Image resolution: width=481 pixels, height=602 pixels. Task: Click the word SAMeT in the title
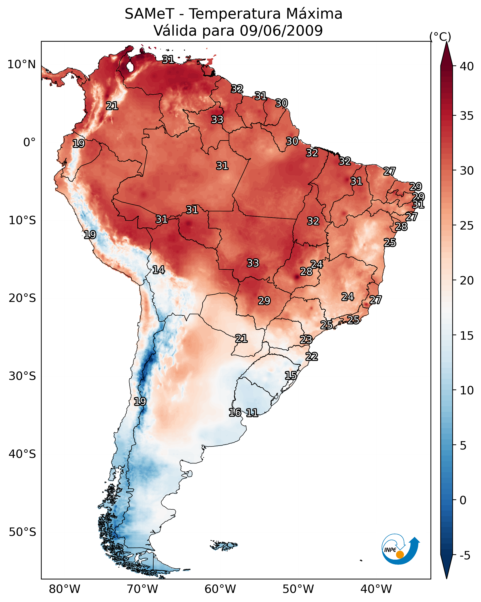(x=149, y=14)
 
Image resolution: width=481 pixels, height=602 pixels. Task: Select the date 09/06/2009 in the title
(x=281, y=31)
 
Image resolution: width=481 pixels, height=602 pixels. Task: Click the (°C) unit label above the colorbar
(x=440, y=37)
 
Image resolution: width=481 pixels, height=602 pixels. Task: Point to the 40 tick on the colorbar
(x=467, y=66)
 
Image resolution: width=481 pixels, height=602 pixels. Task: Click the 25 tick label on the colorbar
(x=467, y=226)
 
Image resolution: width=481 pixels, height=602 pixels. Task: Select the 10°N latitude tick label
(x=21, y=64)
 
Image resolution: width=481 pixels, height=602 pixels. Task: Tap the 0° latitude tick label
(x=29, y=142)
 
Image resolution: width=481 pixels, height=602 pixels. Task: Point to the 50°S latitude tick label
(x=22, y=532)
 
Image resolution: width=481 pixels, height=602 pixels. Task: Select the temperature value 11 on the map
(x=252, y=413)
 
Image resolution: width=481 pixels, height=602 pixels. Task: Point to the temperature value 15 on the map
(x=291, y=375)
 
